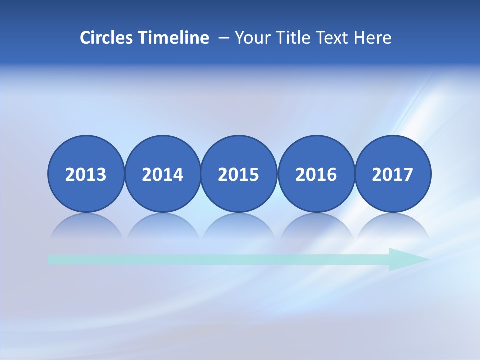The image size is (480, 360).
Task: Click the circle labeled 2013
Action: point(86,174)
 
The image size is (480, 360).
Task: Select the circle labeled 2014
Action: point(163,174)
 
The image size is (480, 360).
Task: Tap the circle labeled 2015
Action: point(239,174)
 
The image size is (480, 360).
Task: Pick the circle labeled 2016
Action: point(316,174)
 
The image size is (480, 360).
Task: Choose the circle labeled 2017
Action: point(393,174)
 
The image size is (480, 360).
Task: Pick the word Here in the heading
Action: point(373,38)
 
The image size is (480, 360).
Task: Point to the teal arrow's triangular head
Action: point(407,259)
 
